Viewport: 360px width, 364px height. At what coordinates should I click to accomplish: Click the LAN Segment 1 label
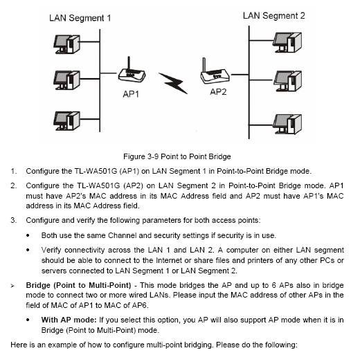(x=80, y=18)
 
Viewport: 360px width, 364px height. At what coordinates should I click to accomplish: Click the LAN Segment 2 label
(x=274, y=16)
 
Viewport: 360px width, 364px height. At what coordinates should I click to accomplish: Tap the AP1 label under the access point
(x=131, y=94)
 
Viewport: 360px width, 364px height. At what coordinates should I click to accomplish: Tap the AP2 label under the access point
(x=218, y=92)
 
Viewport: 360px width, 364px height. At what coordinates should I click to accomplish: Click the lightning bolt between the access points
(x=173, y=83)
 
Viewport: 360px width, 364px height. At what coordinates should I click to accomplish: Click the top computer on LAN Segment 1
(x=67, y=44)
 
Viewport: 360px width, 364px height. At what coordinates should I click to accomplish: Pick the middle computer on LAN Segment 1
(x=67, y=80)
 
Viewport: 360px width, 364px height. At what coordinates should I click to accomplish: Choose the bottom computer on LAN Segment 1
(x=67, y=121)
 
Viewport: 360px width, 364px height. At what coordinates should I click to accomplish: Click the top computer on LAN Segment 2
(x=287, y=42)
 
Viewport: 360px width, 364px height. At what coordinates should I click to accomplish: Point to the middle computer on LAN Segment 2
(x=287, y=81)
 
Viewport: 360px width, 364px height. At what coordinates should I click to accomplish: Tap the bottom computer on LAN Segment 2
(x=287, y=124)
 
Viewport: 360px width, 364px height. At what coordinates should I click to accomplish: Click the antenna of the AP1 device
(x=129, y=65)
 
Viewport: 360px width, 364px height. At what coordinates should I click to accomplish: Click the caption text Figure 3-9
(x=141, y=156)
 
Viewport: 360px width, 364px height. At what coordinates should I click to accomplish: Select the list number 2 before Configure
(x=13, y=185)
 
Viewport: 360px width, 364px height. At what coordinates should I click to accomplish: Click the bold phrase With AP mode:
(x=69, y=320)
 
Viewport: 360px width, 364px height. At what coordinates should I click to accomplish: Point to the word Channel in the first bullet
(x=122, y=235)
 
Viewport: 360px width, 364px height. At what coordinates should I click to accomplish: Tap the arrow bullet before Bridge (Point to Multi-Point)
(x=12, y=286)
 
